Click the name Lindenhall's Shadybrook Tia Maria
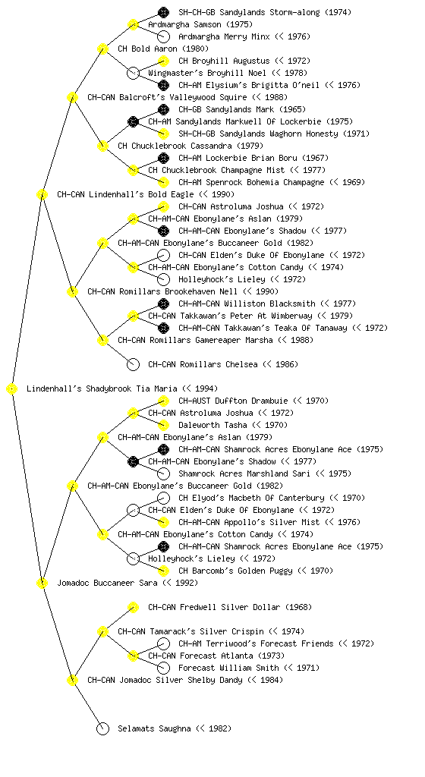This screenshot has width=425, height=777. click(102, 389)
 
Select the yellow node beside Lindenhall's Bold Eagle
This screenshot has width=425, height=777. click(42, 195)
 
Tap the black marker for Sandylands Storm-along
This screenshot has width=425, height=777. click(163, 12)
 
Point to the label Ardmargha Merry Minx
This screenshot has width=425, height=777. click(224, 36)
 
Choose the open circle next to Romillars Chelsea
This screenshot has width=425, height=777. click(134, 365)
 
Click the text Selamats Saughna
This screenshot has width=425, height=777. click(154, 729)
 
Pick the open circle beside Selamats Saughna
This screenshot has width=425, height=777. click(102, 729)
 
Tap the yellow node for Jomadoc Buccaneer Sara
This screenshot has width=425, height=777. click(42, 584)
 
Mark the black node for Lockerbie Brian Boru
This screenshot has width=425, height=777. click(163, 158)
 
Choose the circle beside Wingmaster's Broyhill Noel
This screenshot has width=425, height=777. click(134, 74)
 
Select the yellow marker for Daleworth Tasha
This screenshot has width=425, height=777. click(163, 425)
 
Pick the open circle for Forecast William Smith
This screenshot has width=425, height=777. click(163, 668)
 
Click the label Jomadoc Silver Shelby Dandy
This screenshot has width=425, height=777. click(181, 681)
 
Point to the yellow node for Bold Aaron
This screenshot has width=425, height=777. click(102, 49)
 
